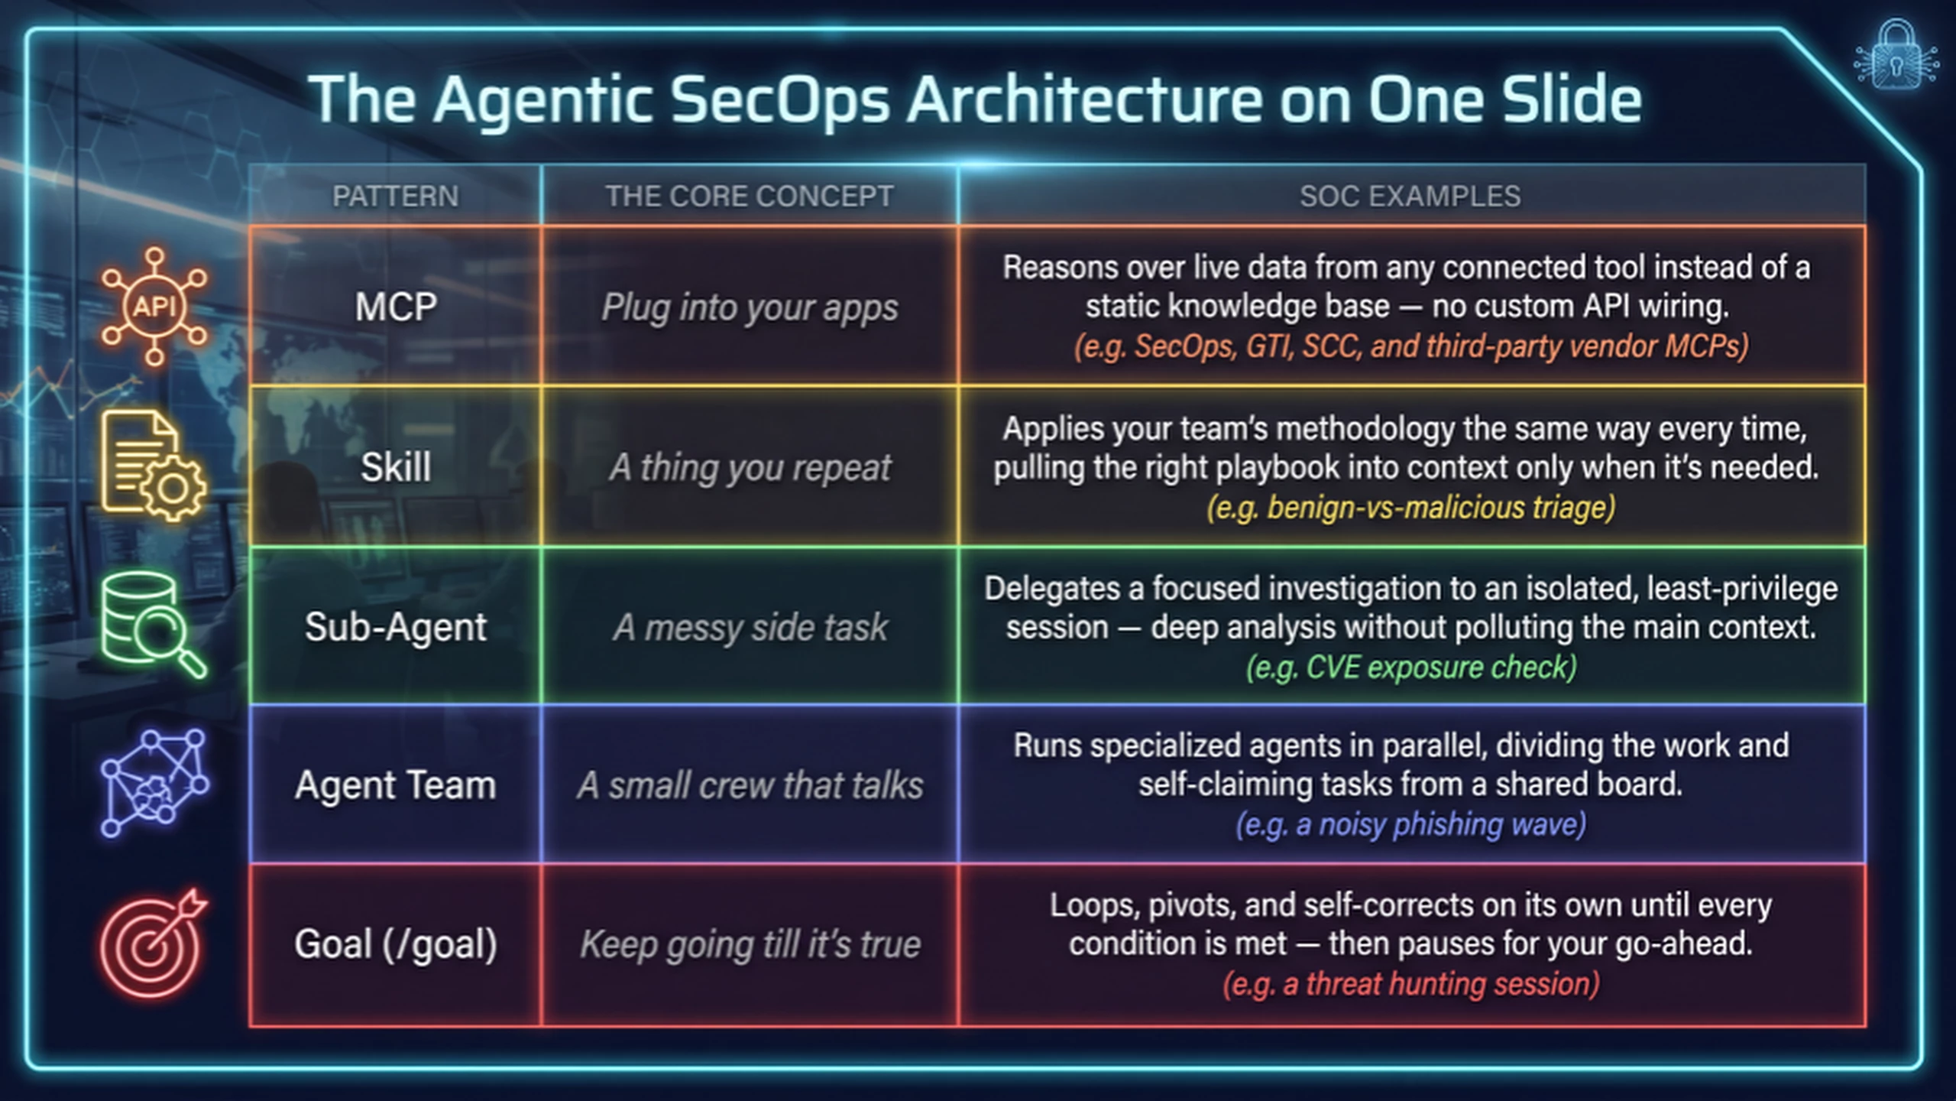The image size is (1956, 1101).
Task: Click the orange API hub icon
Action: coord(154,307)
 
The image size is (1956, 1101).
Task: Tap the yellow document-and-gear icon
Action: coord(154,466)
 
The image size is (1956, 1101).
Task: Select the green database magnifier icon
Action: coord(154,625)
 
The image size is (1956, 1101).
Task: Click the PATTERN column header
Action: coord(396,196)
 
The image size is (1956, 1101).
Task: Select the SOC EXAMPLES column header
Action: coord(1410,196)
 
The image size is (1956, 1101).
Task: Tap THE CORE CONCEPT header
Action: coord(750,196)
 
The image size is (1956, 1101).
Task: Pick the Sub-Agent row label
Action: coord(396,628)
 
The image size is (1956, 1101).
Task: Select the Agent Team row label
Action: coord(396,785)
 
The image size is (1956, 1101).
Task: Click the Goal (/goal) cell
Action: coord(396,944)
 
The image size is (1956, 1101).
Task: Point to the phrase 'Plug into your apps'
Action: coord(750,308)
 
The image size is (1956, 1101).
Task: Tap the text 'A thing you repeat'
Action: coord(750,468)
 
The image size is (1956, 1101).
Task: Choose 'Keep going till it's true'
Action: coord(750,945)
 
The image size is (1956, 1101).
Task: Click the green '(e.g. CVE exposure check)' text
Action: coord(1411,667)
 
